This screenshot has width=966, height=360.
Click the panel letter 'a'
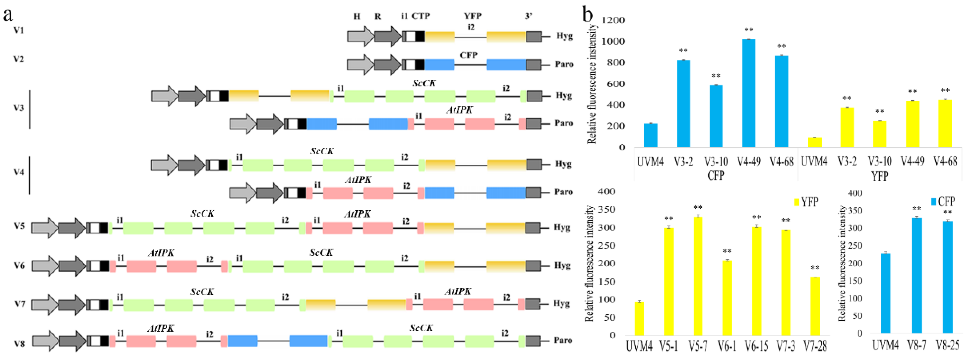coord(7,15)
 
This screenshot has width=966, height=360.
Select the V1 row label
coord(19,30)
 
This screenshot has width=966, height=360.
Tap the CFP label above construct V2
coord(468,55)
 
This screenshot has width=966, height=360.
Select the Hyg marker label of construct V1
coord(564,36)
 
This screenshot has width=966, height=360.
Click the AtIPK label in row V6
coord(161,253)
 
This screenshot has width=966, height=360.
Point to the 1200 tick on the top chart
coord(613,20)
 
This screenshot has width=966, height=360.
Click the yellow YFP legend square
coord(797,202)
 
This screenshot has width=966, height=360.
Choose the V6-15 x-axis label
coord(756,346)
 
